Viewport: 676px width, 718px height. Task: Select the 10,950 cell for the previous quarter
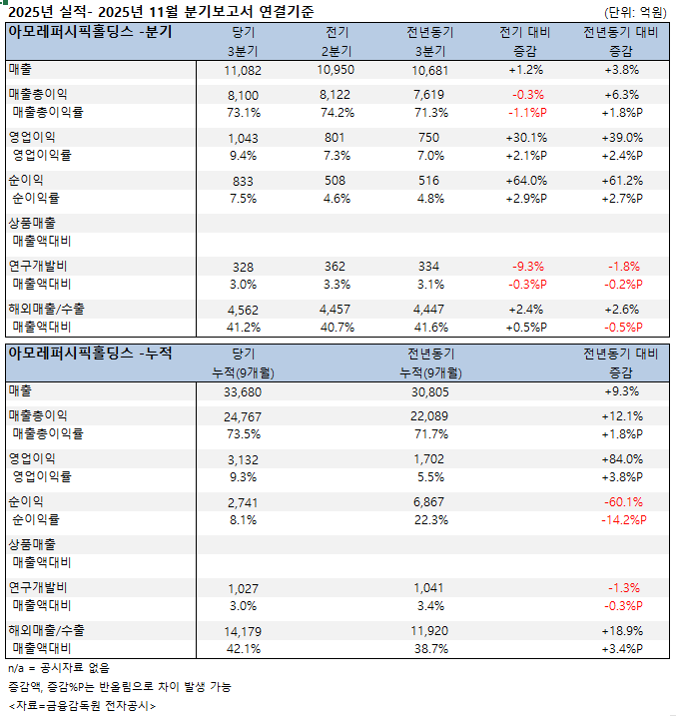(x=337, y=71)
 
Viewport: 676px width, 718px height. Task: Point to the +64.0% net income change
(x=526, y=180)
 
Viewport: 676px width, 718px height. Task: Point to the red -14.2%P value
(x=622, y=519)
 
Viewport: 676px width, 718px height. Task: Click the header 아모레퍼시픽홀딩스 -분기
(x=89, y=31)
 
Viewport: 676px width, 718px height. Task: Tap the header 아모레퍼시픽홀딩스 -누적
(x=89, y=353)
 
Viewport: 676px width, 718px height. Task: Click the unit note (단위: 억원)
(x=635, y=11)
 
